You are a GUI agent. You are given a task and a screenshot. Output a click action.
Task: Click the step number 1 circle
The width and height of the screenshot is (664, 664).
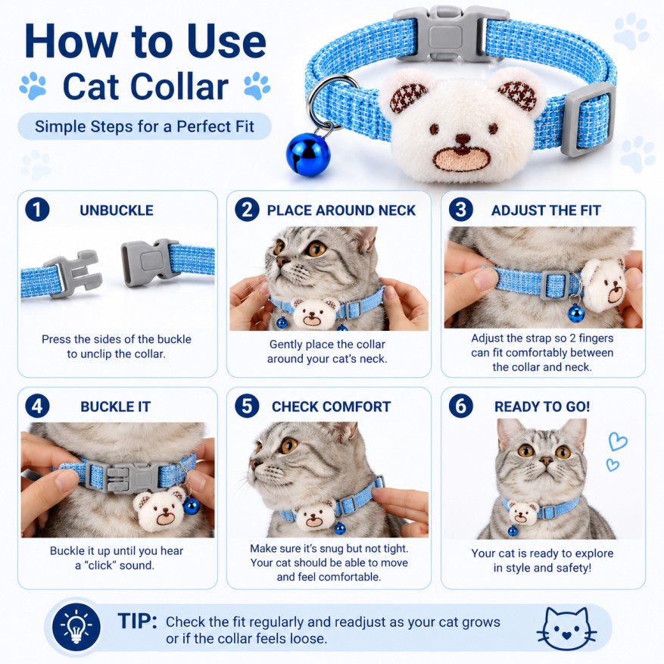click(x=37, y=210)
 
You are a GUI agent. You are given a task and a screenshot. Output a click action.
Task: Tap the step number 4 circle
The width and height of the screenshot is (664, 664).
click(x=37, y=406)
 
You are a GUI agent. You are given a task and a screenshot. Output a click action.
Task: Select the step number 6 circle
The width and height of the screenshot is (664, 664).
click(x=461, y=406)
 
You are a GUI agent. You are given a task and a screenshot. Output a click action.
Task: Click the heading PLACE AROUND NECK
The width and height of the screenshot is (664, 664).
click(x=341, y=210)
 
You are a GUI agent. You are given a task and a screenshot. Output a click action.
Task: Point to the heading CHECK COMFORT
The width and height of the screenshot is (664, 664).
click(x=331, y=407)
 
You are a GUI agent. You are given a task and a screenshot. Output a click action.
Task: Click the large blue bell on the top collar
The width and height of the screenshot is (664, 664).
click(x=308, y=154)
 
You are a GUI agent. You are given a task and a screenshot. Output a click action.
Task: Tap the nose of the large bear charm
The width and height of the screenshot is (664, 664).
click(x=462, y=139)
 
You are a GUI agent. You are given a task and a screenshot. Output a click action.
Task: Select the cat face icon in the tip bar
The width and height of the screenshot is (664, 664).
click(x=566, y=628)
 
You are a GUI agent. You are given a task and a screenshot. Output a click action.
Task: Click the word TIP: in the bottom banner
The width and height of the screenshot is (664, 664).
click(x=137, y=622)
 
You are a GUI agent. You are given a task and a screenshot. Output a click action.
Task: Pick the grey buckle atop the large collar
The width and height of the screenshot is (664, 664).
click(x=450, y=34)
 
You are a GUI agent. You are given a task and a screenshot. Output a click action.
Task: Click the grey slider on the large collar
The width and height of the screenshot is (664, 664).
click(x=588, y=119)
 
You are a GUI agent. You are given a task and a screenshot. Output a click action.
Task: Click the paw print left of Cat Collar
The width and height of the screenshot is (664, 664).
click(x=33, y=86)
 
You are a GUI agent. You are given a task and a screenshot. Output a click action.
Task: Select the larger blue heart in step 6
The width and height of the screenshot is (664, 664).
click(x=617, y=441)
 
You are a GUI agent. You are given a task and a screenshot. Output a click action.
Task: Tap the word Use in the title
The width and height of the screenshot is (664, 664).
click(x=226, y=41)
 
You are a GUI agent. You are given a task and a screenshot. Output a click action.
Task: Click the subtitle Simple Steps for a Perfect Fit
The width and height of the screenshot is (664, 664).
click(x=145, y=126)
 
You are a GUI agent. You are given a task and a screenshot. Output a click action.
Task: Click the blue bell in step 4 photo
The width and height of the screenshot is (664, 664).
click(x=191, y=506)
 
